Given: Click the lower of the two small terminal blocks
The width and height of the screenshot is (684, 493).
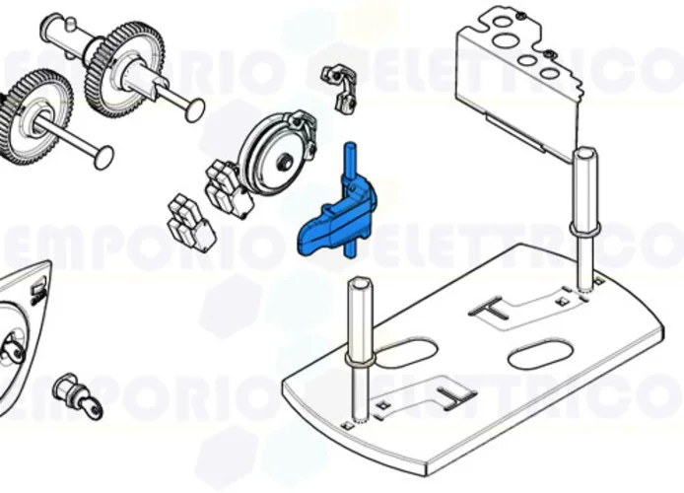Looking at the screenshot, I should [x=190, y=222].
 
